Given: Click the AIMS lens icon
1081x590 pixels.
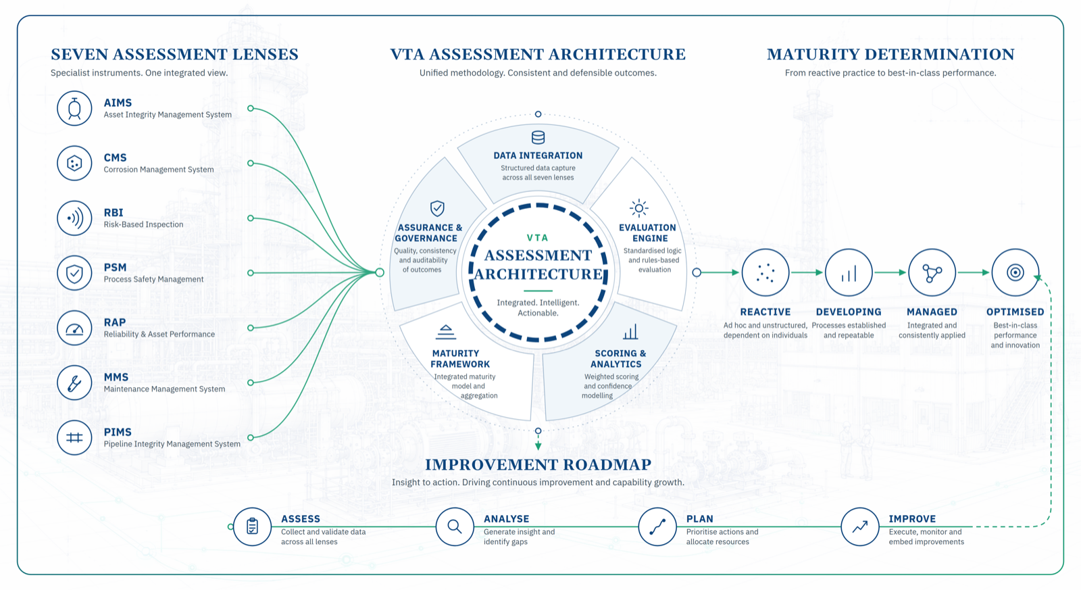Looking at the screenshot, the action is [74, 109].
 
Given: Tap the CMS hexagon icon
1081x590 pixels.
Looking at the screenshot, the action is [74, 164].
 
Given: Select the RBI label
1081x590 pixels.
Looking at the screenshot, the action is [114, 213].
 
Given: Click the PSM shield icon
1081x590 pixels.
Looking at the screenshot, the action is [74, 273].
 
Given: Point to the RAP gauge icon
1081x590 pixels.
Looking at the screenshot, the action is [74, 328].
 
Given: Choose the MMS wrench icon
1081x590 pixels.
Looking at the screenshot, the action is [74, 383].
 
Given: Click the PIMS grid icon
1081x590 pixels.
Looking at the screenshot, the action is [74, 438].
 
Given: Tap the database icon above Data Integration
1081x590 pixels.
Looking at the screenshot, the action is [538, 138].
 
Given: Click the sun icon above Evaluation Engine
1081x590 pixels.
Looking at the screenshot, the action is [639, 208].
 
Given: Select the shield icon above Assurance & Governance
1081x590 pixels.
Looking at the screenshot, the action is [437, 208].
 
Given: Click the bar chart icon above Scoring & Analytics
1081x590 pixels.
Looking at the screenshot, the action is [630, 332].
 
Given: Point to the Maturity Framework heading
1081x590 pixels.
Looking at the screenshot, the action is [460, 359].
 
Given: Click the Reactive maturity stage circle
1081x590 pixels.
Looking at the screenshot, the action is [765, 273].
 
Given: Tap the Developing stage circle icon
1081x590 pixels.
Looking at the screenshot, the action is [849, 273].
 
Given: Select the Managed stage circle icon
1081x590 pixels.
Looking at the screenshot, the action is [932, 273].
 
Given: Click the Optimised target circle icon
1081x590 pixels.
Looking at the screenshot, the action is [1015, 273].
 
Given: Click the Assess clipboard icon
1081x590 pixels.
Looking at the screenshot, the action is [252, 526].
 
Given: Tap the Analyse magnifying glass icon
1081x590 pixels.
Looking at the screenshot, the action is [455, 526].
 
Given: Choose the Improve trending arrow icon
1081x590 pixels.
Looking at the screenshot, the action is [860, 526].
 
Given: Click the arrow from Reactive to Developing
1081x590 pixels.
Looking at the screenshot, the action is [807, 273].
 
